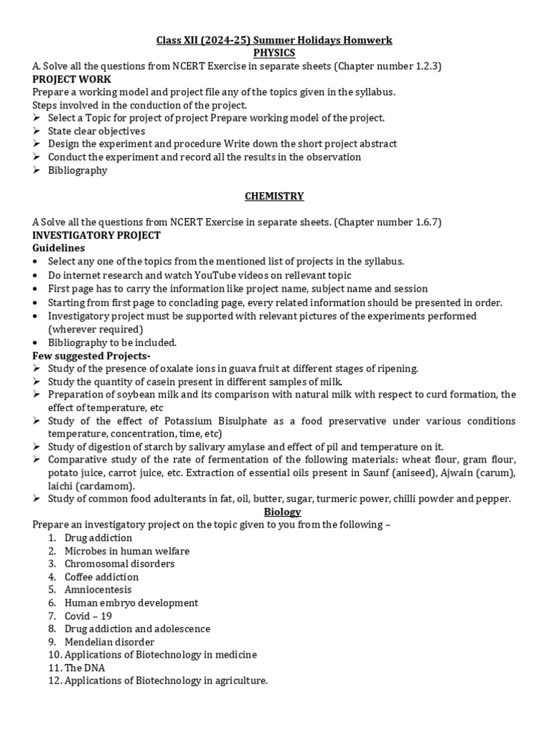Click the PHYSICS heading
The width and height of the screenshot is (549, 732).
(274, 53)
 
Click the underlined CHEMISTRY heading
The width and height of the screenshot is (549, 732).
(274, 196)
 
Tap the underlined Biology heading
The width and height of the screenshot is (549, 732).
(282, 512)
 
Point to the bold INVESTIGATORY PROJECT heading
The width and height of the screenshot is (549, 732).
(97, 235)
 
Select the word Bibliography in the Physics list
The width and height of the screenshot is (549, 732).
(77, 170)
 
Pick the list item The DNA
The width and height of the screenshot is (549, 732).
(85, 668)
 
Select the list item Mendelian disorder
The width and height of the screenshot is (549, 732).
(109, 642)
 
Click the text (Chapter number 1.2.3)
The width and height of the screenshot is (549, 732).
(386, 66)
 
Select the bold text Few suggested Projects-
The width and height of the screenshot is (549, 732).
(91, 355)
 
